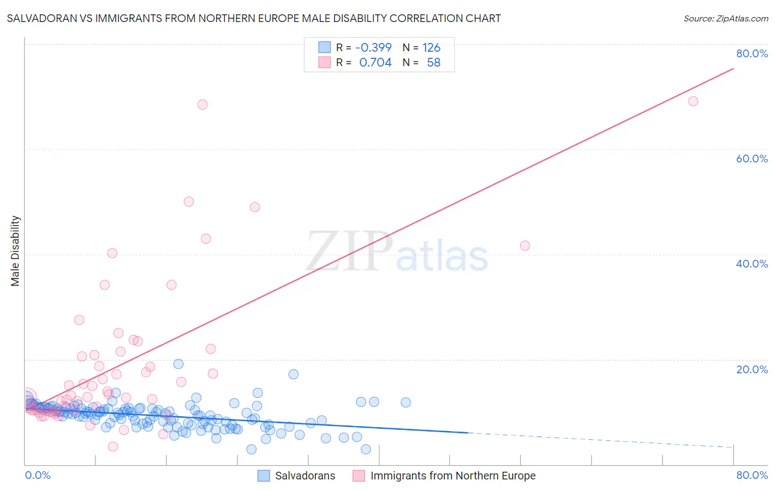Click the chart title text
[254, 18]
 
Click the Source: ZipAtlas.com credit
[725, 18]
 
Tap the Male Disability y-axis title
[15, 250]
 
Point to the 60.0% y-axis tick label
[752, 159]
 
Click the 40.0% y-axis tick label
[752, 264]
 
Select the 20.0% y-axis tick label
[752, 369]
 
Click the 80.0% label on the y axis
[752, 53]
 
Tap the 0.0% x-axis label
[37, 475]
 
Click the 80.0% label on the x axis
[752, 475]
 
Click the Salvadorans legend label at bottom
[305, 476]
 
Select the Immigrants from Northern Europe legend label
[453, 476]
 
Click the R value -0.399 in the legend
[373, 48]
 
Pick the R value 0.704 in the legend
[375, 63]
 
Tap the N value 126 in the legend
[432, 48]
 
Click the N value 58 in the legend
[433, 63]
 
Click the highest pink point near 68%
[202, 105]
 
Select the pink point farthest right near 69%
[693, 101]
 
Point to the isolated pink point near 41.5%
[525, 245]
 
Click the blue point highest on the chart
[178, 364]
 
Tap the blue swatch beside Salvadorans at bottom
[264, 476]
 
